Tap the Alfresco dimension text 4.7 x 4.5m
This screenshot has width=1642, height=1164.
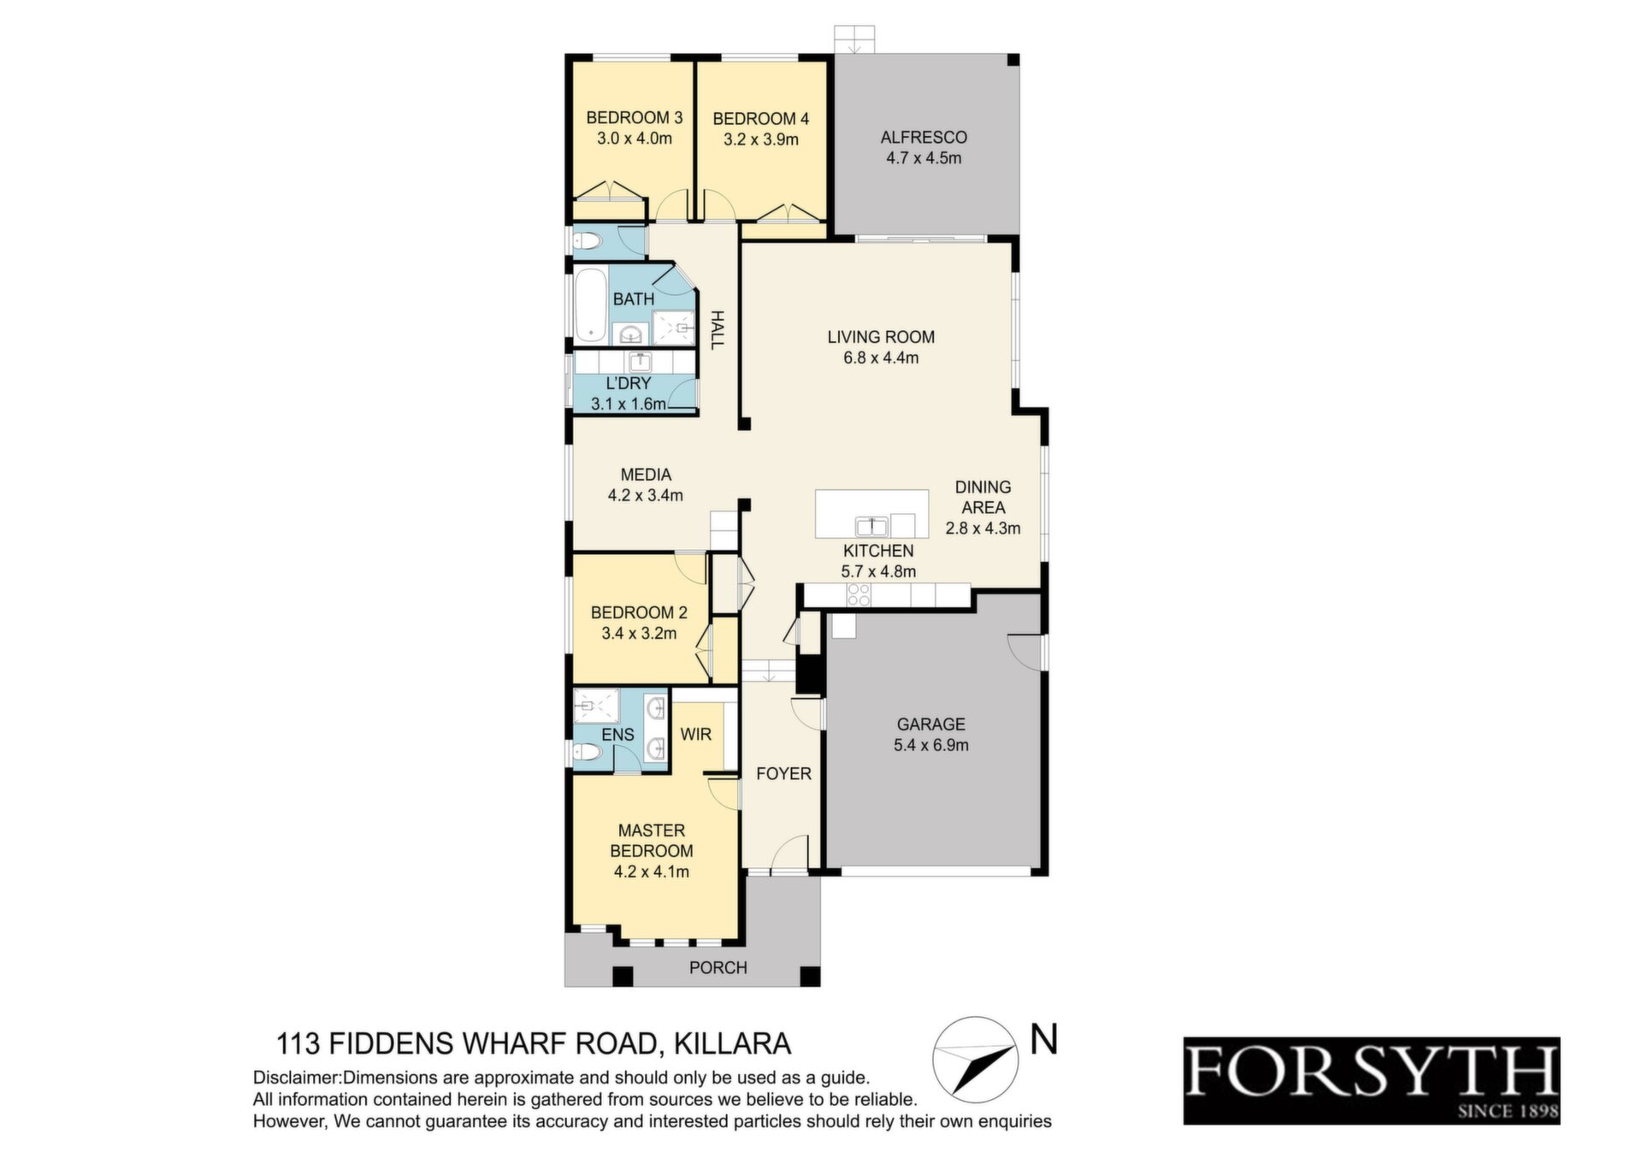pyautogui.click(x=924, y=158)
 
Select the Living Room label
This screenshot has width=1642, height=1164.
pyautogui.click(x=881, y=337)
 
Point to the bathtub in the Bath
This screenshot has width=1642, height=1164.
pyautogui.click(x=589, y=304)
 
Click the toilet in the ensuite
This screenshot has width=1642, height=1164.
pyautogui.click(x=588, y=753)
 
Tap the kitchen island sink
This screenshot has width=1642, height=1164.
pyautogui.click(x=871, y=525)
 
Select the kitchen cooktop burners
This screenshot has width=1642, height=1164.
pyautogui.click(x=858, y=594)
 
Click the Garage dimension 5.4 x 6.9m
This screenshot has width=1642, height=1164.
pyautogui.click(x=931, y=745)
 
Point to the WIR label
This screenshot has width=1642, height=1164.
pyautogui.click(x=696, y=734)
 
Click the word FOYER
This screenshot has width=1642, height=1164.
pyautogui.click(x=783, y=773)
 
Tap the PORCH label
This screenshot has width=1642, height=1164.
pyautogui.click(x=718, y=967)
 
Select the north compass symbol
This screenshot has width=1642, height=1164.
pyautogui.click(x=975, y=1060)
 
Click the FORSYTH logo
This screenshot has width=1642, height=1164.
pyautogui.click(x=1372, y=1081)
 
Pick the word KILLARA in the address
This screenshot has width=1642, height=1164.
pyautogui.click(x=733, y=1044)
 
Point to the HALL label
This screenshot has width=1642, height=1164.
pyautogui.click(x=717, y=329)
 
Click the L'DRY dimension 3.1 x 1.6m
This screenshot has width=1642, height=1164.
pyautogui.click(x=629, y=404)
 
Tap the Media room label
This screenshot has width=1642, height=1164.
pyautogui.click(x=646, y=475)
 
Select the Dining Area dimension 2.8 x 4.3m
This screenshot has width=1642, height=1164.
pyautogui.click(x=983, y=529)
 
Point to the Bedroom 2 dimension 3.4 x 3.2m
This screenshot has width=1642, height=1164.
pyautogui.click(x=639, y=634)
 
